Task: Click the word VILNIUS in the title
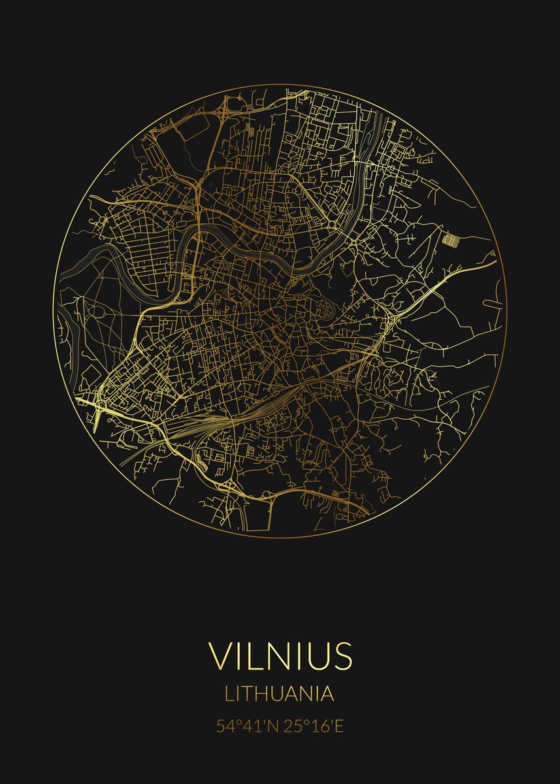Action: tap(280, 655)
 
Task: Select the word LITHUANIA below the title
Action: tap(280, 693)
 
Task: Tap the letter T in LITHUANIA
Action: tap(248, 693)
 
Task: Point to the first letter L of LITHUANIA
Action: tap(229, 693)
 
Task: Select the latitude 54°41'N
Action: tap(248, 727)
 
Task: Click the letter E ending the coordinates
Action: tap(338, 727)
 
